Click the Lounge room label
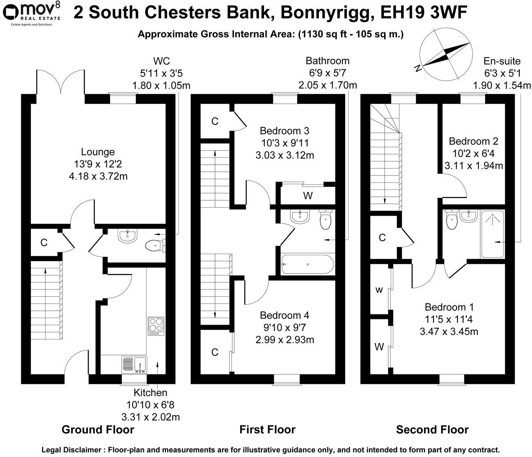point(98,152)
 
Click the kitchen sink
point(134,364)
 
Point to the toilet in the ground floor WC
point(155,246)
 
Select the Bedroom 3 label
point(284,131)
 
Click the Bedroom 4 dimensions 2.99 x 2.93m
point(284,339)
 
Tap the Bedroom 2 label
point(473,141)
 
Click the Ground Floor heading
point(98,430)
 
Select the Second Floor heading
point(432,430)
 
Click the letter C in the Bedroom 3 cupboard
point(214,121)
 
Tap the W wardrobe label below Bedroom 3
point(308,196)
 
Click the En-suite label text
point(502,62)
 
